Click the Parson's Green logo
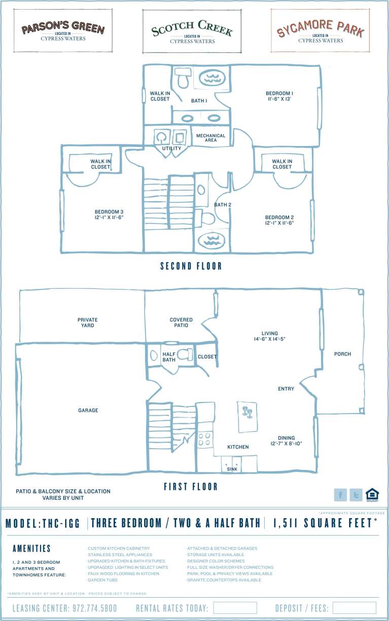(x=63, y=30)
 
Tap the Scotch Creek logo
(x=192, y=31)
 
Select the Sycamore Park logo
(x=320, y=30)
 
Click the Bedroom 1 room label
(x=279, y=96)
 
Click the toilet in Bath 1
(x=183, y=79)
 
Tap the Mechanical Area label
(x=211, y=138)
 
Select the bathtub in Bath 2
(x=211, y=240)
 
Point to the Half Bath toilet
(x=185, y=355)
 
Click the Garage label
(x=88, y=410)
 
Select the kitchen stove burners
(x=205, y=439)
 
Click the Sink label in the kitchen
(x=232, y=469)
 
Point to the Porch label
(x=342, y=354)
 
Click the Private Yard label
(x=88, y=322)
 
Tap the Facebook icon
(x=340, y=495)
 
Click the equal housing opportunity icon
(x=372, y=494)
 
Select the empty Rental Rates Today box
(x=235, y=608)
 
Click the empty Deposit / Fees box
(x=354, y=608)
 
